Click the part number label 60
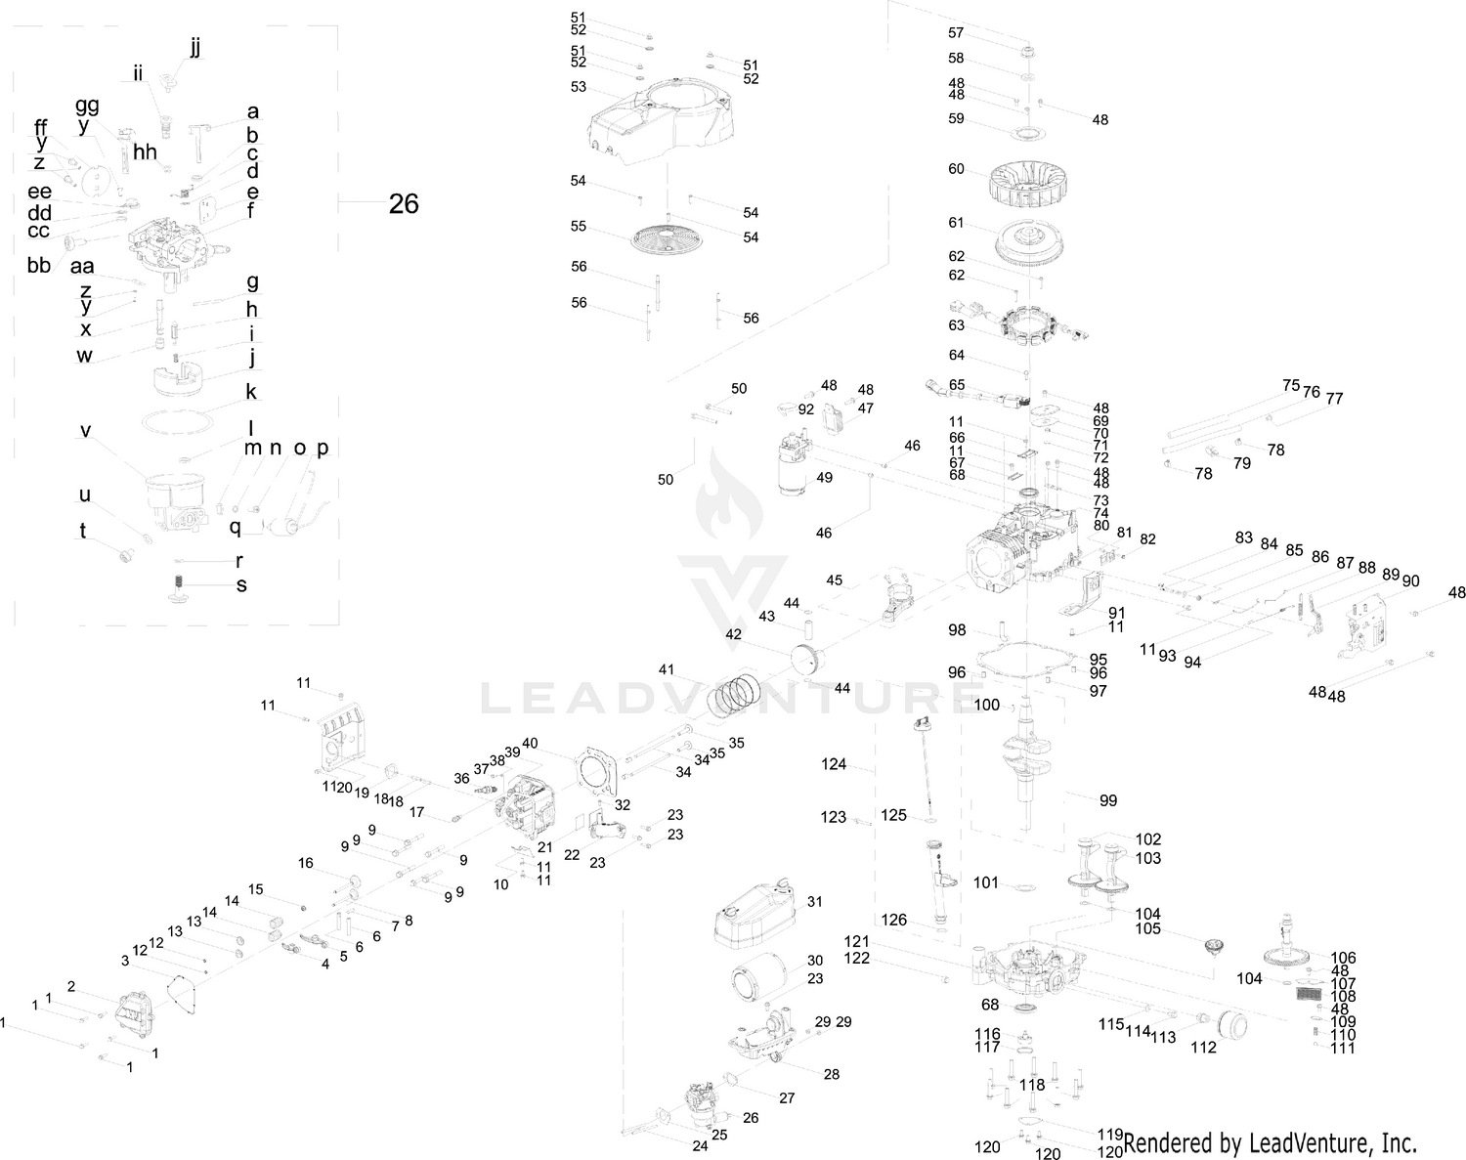point(956,169)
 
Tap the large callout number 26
point(404,203)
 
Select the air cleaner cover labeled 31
point(757,913)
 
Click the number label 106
point(1343,958)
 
